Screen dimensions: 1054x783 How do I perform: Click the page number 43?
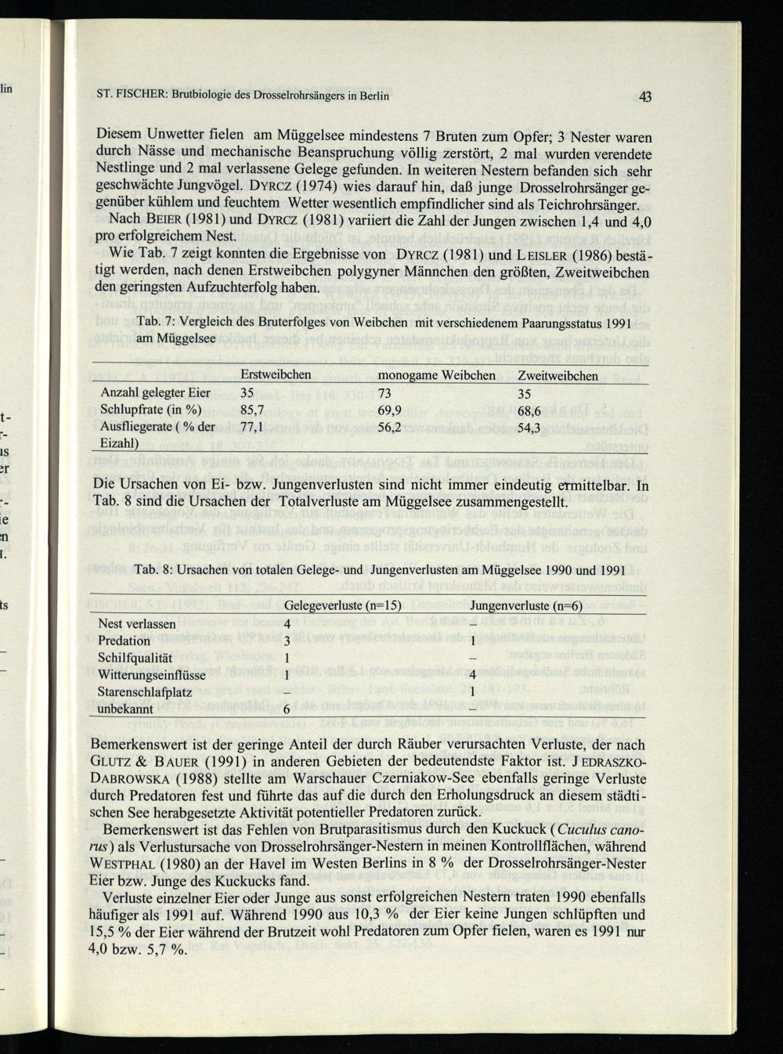645,97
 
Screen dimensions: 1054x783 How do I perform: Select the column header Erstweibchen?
276,375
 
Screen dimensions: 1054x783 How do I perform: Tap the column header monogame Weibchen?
436,375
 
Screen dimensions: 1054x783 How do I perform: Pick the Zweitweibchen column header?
557,375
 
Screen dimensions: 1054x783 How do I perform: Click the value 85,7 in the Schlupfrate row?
252,410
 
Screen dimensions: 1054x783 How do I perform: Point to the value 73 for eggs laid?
384,393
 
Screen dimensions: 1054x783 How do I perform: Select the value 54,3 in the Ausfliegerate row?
529,428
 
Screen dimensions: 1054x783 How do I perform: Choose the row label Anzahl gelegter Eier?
156,393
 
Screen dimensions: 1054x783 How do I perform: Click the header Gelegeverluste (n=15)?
343,606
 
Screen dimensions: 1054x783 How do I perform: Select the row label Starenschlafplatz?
145,692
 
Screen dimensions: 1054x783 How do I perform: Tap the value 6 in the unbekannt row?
287,709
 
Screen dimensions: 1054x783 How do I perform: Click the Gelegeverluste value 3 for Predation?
287,641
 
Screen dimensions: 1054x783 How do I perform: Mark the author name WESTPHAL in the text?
127,864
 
